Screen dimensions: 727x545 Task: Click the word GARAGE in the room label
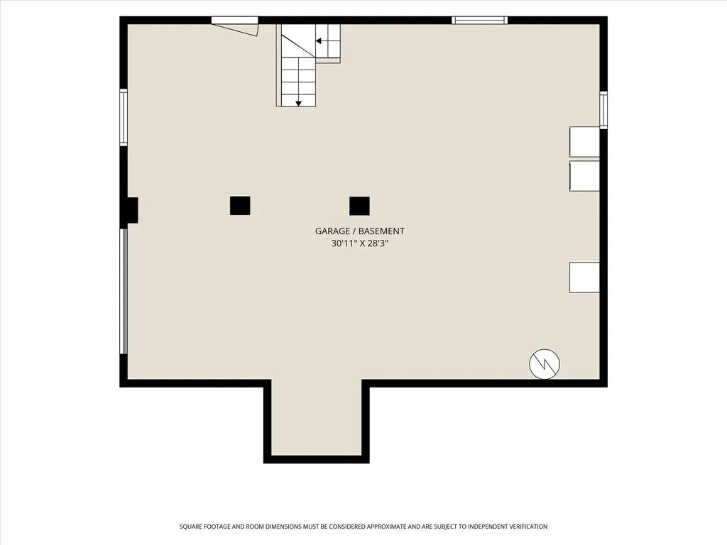(332, 231)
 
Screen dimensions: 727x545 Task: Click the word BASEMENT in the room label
(381, 231)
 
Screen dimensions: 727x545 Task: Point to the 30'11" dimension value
(344, 243)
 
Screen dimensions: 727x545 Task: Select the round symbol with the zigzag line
(545, 364)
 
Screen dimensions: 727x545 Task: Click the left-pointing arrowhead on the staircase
(319, 40)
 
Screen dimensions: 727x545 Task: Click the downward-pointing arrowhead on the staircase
(299, 104)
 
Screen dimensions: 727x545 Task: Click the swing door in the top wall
(236, 27)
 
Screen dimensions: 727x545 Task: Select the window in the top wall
(480, 20)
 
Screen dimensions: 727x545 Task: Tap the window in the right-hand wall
(603, 110)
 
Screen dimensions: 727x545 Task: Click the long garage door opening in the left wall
(124, 292)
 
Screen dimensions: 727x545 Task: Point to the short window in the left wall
(124, 118)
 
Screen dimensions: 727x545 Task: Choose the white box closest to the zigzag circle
(584, 277)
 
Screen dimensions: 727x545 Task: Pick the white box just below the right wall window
(584, 141)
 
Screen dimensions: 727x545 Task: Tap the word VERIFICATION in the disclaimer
(528, 527)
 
